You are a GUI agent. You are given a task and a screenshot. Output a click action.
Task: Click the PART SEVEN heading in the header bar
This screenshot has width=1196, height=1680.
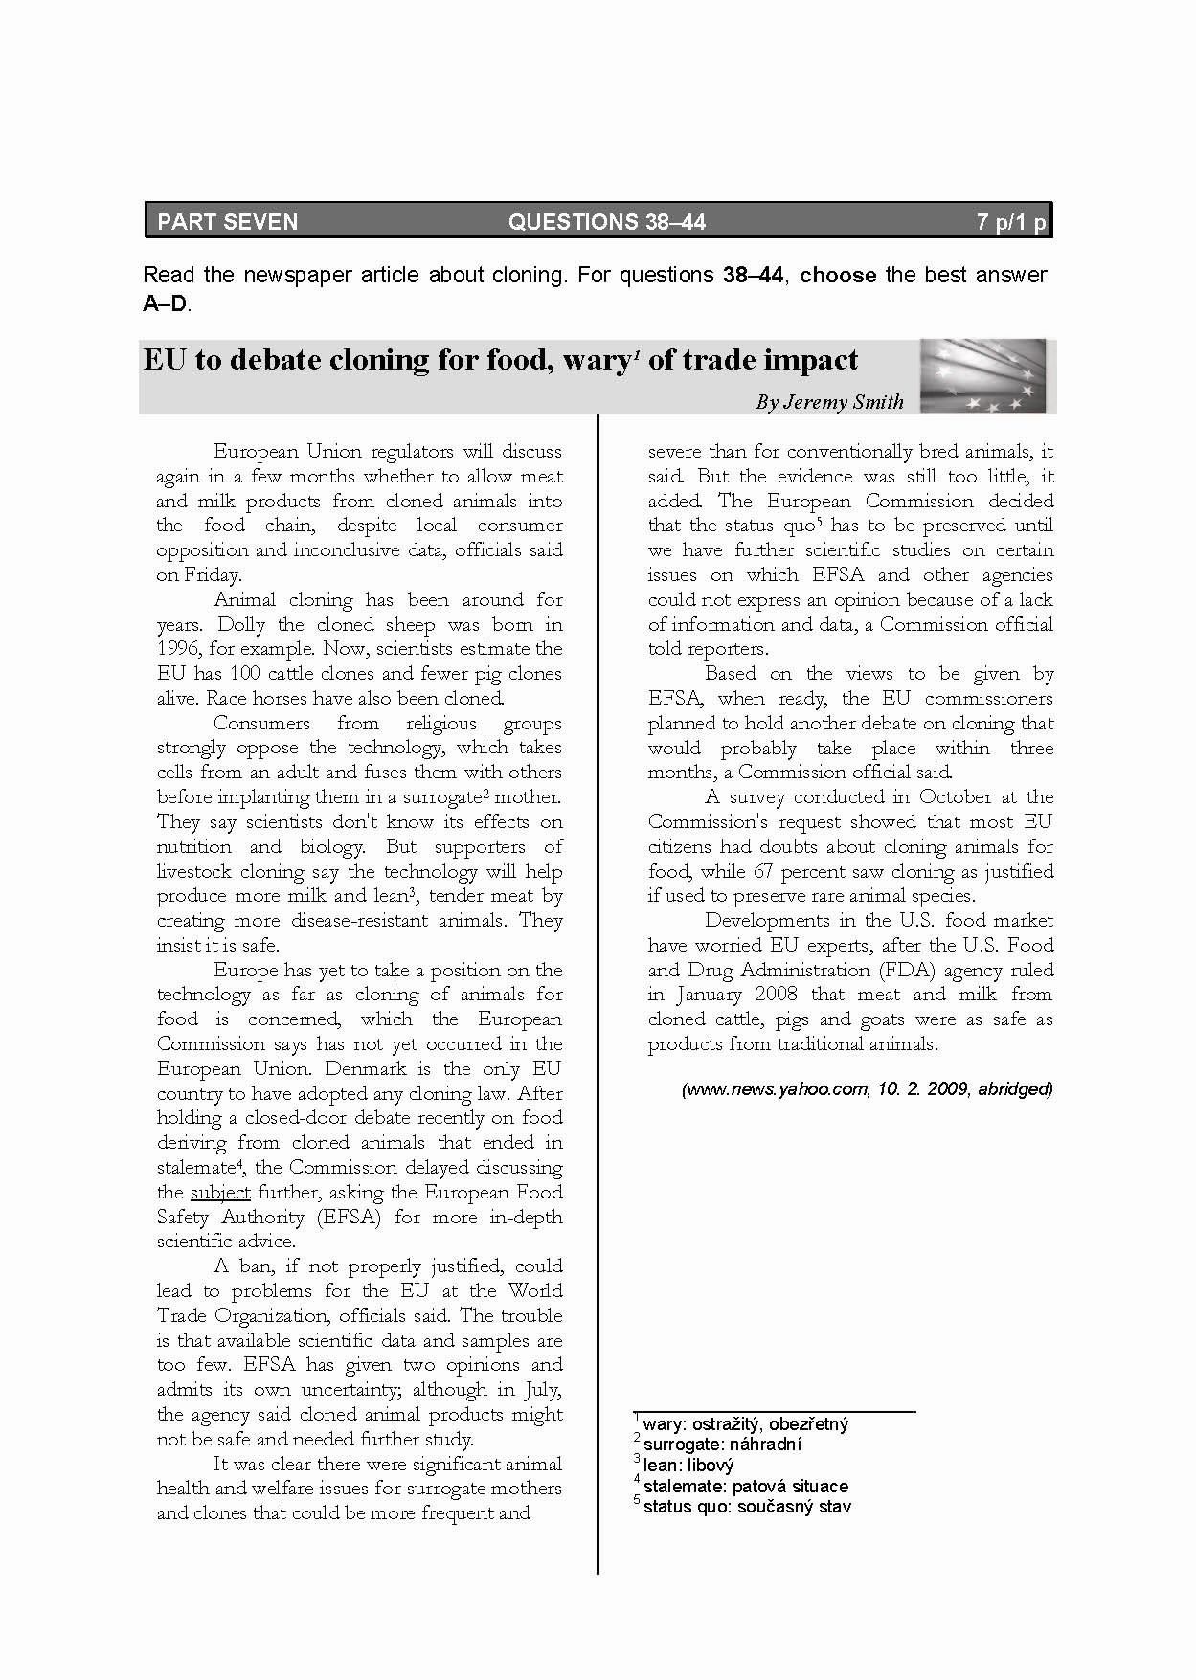pos(228,222)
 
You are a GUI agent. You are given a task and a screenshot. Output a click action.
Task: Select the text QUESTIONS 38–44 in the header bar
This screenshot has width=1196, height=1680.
pos(606,222)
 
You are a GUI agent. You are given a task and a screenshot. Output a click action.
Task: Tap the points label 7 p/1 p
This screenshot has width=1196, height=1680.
pos(1011,222)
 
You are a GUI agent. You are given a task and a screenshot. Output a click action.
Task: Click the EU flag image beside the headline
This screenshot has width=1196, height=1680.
pos(982,375)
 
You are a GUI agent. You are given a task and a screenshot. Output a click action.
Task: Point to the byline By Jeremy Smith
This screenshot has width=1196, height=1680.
pos(829,402)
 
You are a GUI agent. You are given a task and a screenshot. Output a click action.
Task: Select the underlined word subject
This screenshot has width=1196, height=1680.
pos(220,1193)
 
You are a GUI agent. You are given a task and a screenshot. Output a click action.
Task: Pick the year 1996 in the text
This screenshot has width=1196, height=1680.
pos(177,649)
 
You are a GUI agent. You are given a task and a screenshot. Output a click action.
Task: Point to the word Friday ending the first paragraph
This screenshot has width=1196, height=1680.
pos(210,575)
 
